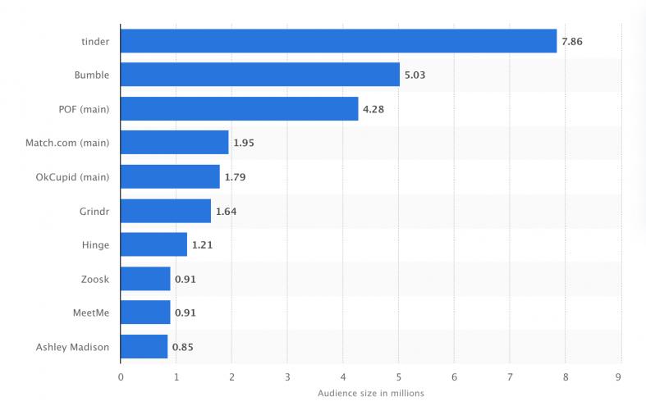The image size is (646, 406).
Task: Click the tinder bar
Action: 338,40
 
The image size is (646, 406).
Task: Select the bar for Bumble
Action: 260,75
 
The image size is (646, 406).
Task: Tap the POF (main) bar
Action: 239,108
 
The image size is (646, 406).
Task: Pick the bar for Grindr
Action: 166,211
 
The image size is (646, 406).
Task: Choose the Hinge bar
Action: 153,244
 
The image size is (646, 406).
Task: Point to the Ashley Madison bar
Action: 144,347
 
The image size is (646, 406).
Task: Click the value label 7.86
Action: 572,41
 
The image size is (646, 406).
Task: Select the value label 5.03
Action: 415,75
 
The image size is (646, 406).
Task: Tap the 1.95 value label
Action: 245,143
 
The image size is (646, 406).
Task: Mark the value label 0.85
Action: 183,347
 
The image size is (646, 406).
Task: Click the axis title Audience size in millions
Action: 370,393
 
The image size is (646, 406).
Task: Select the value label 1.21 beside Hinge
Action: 203,245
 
